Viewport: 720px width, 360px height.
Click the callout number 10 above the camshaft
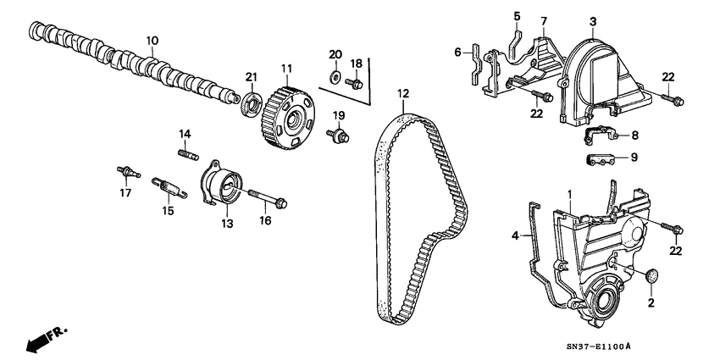tap(152, 40)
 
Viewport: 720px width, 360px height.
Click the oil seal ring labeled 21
tap(252, 105)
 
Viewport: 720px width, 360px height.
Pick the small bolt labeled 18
tap(357, 83)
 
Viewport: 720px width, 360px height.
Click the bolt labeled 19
tap(341, 135)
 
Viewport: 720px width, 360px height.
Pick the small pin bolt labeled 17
tap(126, 172)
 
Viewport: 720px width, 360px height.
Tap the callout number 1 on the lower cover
tap(570, 195)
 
